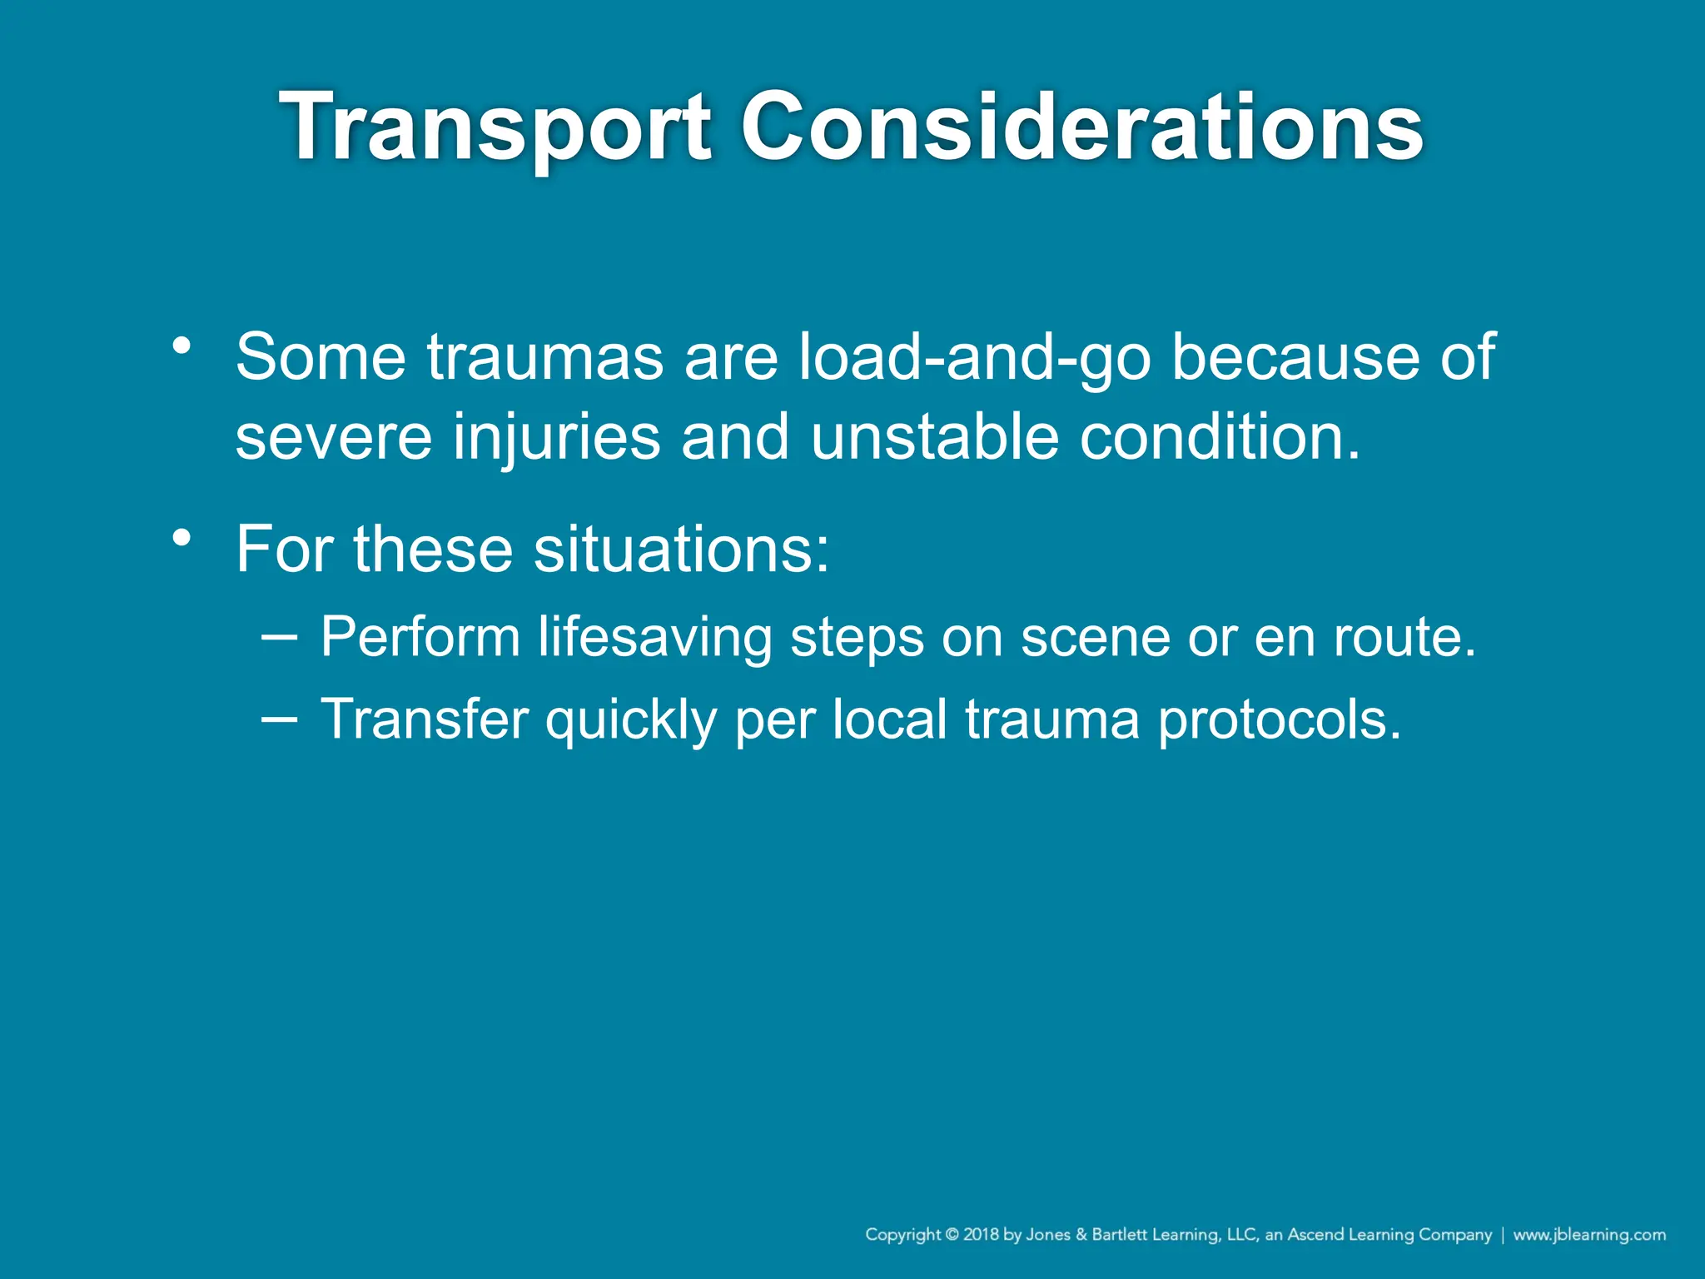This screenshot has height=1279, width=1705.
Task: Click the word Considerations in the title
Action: (x=1081, y=127)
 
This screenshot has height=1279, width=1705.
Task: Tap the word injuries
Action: (x=556, y=437)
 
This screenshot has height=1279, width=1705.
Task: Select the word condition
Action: (x=1220, y=437)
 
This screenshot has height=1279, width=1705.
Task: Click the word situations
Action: (x=681, y=550)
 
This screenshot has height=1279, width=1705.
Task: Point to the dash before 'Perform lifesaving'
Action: (x=279, y=637)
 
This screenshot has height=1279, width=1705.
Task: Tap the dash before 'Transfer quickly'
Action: (x=279, y=719)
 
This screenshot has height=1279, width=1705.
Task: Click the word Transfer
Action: (x=425, y=719)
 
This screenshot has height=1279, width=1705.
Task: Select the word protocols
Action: (x=1280, y=719)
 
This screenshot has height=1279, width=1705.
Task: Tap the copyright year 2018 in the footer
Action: (x=982, y=1235)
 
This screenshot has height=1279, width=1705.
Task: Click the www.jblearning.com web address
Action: (x=1588, y=1235)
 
